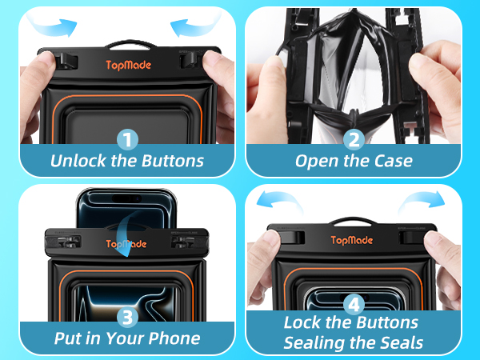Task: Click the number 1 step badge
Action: pos(127,140)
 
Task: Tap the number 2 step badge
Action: pos(354,140)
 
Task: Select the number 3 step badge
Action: pos(127,317)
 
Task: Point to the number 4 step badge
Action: pos(354,304)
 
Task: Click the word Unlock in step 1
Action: pos(78,161)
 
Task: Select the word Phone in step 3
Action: pos(174,338)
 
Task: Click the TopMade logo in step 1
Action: pos(129,66)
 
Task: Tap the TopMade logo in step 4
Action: pos(352,240)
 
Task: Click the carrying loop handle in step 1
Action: pos(131,43)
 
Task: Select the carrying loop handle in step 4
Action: pos(354,221)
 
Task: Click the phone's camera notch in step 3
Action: pos(126,198)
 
